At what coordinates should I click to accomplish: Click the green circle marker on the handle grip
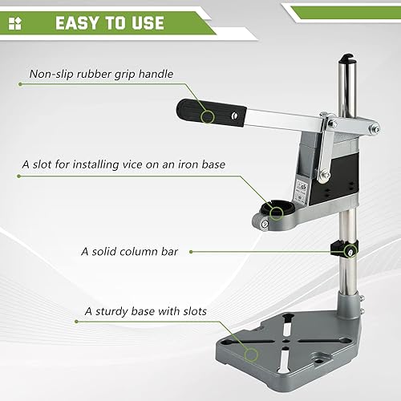(x=208, y=117)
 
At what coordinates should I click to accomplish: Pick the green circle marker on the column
(x=350, y=251)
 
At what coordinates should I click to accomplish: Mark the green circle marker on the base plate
(x=252, y=354)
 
